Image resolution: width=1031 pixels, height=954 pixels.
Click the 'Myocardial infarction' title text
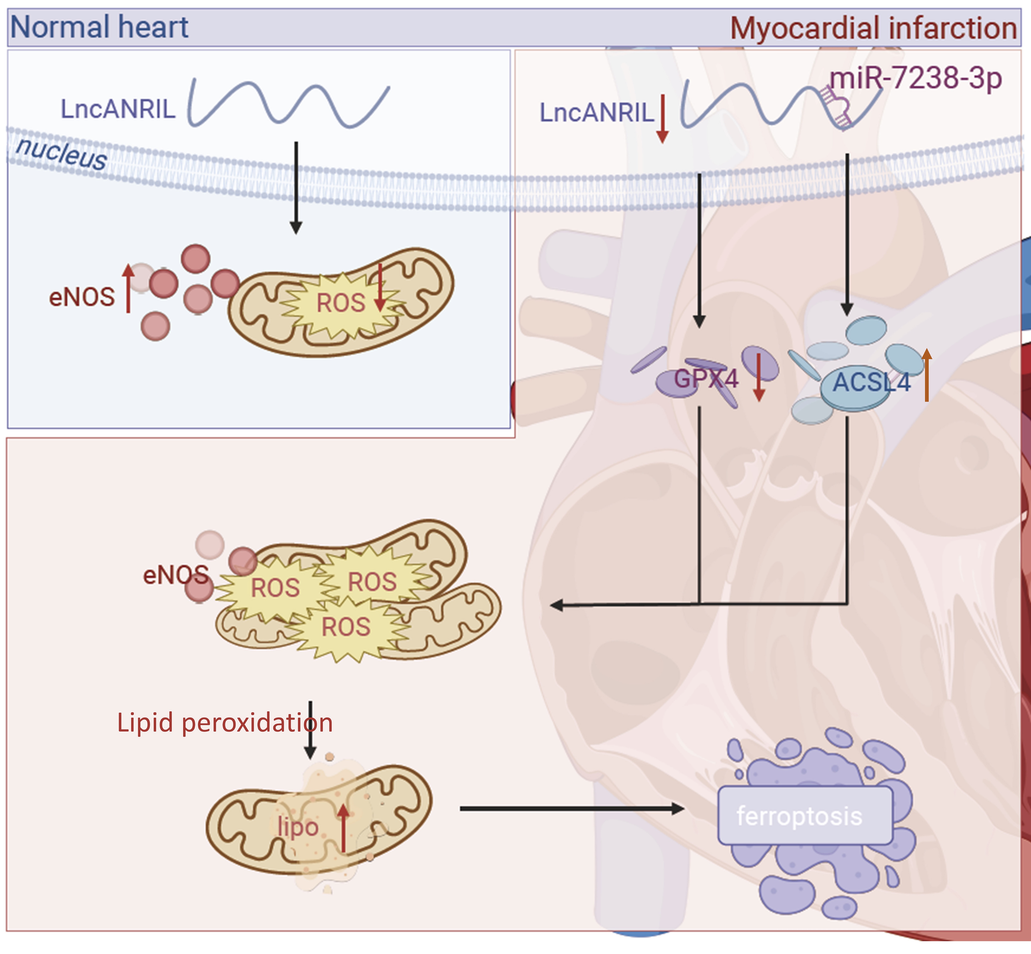(x=873, y=28)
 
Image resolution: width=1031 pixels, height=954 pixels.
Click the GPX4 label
(x=706, y=379)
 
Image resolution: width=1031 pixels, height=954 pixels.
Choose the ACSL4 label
(x=872, y=383)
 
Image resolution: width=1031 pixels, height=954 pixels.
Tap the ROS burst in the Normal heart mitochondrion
(x=340, y=303)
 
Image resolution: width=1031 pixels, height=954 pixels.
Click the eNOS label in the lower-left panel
(x=175, y=575)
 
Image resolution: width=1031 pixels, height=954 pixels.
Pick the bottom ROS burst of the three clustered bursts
(x=346, y=627)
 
